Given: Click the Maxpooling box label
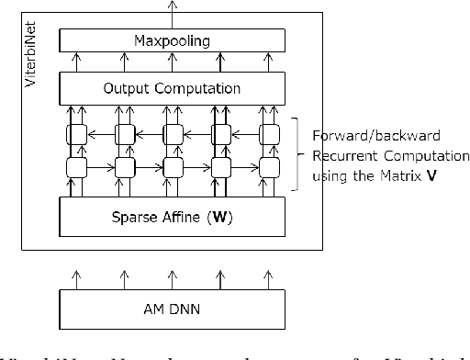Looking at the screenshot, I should point(171,40).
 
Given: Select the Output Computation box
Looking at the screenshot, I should point(171,89).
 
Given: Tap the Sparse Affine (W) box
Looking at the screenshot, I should point(171,218).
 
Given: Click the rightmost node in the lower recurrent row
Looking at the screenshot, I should point(269,168).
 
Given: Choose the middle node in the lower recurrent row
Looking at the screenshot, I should point(171,168).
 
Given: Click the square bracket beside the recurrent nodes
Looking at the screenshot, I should point(296,152).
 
